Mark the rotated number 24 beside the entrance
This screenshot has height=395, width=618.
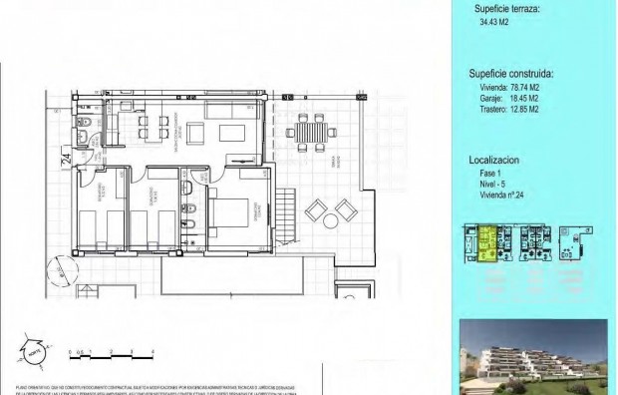(65, 157)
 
